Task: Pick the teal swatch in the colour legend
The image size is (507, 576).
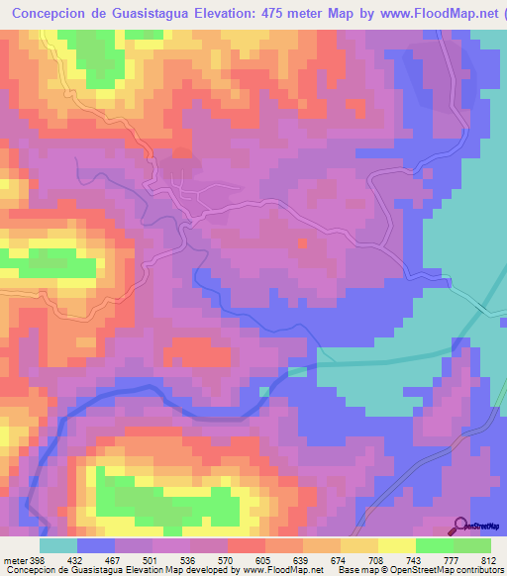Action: (57, 545)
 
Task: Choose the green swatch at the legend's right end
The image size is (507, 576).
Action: (472, 545)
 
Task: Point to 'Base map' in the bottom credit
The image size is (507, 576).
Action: (356, 570)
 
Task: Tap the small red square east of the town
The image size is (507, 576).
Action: (302, 242)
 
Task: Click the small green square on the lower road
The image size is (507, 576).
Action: (297, 372)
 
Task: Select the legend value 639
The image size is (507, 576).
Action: (287, 560)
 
